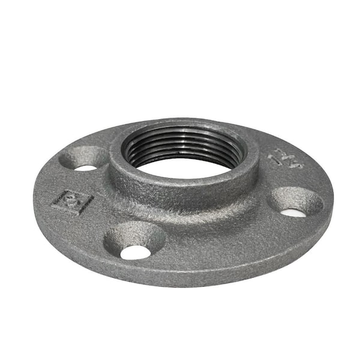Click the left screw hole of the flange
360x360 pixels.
(84, 158)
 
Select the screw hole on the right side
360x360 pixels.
(295, 202)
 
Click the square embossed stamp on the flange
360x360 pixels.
(73, 202)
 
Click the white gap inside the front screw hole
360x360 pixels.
(136, 252)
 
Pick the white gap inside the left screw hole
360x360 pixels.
(85, 167)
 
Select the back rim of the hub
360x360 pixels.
(186, 122)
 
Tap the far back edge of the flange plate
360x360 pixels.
(186, 119)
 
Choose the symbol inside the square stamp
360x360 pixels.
(73, 202)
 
